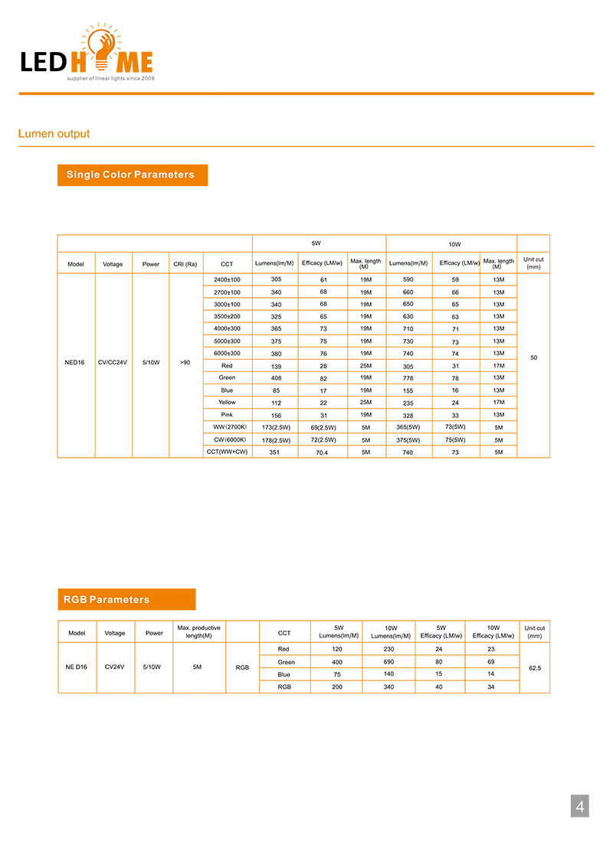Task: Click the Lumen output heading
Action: (x=54, y=134)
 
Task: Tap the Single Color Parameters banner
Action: (x=131, y=175)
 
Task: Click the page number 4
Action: (x=580, y=806)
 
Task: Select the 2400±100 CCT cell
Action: (x=227, y=279)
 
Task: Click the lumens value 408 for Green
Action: (x=276, y=378)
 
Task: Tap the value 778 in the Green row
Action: (x=408, y=378)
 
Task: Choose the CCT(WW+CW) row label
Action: (x=227, y=452)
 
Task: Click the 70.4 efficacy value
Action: (x=323, y=452)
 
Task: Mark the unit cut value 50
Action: (x=533, y=357)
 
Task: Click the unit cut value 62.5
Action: (x=535, y=668)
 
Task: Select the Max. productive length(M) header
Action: (x=198, y=631)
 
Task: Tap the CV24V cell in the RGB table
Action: (x=114, y=667)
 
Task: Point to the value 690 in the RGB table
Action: (x=388, y=661)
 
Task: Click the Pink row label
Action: (x=227, y=414)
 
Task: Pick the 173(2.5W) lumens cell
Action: (x=276, y=427)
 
